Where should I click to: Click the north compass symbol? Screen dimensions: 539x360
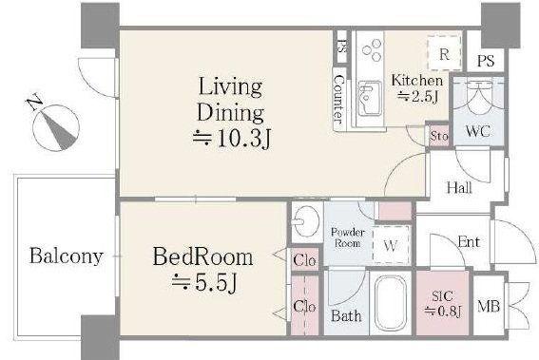(x=55, y=126)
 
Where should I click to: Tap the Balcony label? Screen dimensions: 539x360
(x=67, y=256)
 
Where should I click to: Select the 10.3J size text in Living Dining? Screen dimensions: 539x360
(x=232, y=140)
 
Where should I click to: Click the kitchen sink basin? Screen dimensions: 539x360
(x=370, y=99)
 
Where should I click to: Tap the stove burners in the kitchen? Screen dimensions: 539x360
(x=372, y=50)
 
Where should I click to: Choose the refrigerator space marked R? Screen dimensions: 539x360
(x=444, y=52)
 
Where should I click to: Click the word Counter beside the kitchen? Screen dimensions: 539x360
(x=339, y=100)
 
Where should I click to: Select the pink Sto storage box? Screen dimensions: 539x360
(x=438, y=136)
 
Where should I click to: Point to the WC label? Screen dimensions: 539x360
(x=477, y=131)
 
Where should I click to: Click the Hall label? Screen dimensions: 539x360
(x=459, y=187)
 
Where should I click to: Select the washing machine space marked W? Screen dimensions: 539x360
(x=392, y=244)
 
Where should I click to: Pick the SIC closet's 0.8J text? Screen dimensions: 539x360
(x=442, y=312)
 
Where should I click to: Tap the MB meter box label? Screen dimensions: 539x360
(x=488, y=306)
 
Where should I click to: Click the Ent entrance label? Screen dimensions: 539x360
(x=469, y=242)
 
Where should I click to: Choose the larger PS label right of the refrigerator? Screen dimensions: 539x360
(x=486, y=61)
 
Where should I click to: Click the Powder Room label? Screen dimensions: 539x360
(x=348, y=237)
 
